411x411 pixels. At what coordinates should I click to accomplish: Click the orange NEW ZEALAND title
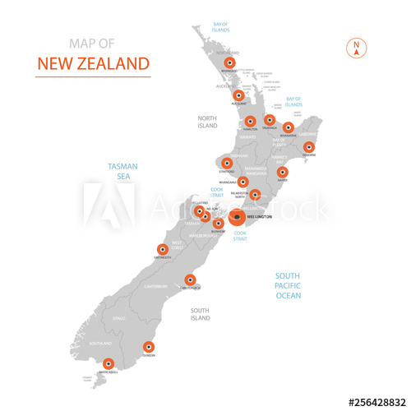(93, 63)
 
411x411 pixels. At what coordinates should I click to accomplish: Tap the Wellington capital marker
(237, 218)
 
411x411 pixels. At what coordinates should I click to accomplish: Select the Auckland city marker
(238, 95)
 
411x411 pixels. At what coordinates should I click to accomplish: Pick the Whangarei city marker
(230, 62)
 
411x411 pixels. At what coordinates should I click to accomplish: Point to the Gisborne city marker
(309, 148)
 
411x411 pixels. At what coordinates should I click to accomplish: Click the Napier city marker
(282, 172)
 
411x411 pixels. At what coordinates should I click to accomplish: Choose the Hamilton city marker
(250, 122)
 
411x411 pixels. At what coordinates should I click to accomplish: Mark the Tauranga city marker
(269, 120)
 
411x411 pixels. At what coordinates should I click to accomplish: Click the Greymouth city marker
(162, 250)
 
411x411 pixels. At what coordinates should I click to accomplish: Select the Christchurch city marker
(190, 279)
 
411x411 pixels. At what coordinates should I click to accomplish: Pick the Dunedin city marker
(149, 347)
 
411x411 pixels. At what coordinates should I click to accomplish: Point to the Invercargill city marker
(108, 363)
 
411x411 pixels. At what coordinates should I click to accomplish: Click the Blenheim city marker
(218, 223)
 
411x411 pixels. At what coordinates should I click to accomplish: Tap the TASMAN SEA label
(121, 170)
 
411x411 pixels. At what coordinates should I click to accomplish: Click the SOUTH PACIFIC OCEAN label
(288, 285)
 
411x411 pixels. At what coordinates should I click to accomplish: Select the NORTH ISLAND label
(207, 122)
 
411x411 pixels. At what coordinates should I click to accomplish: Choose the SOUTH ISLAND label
(201, 313)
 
